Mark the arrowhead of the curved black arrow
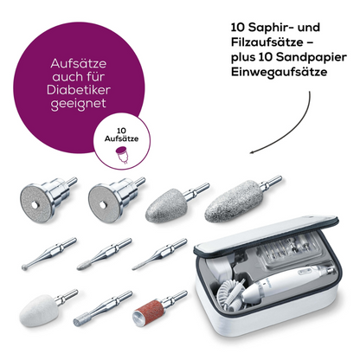click(252, 152)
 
